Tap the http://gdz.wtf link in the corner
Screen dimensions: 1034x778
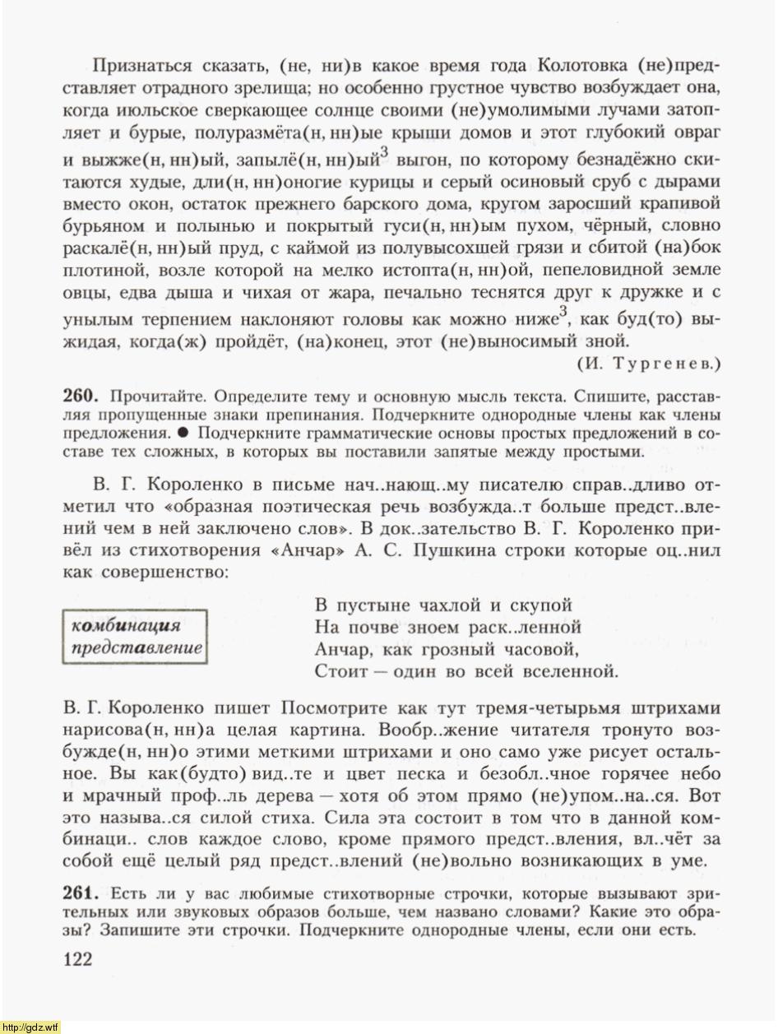tap(31, 1027)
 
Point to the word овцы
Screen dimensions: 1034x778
tap(81, 293)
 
